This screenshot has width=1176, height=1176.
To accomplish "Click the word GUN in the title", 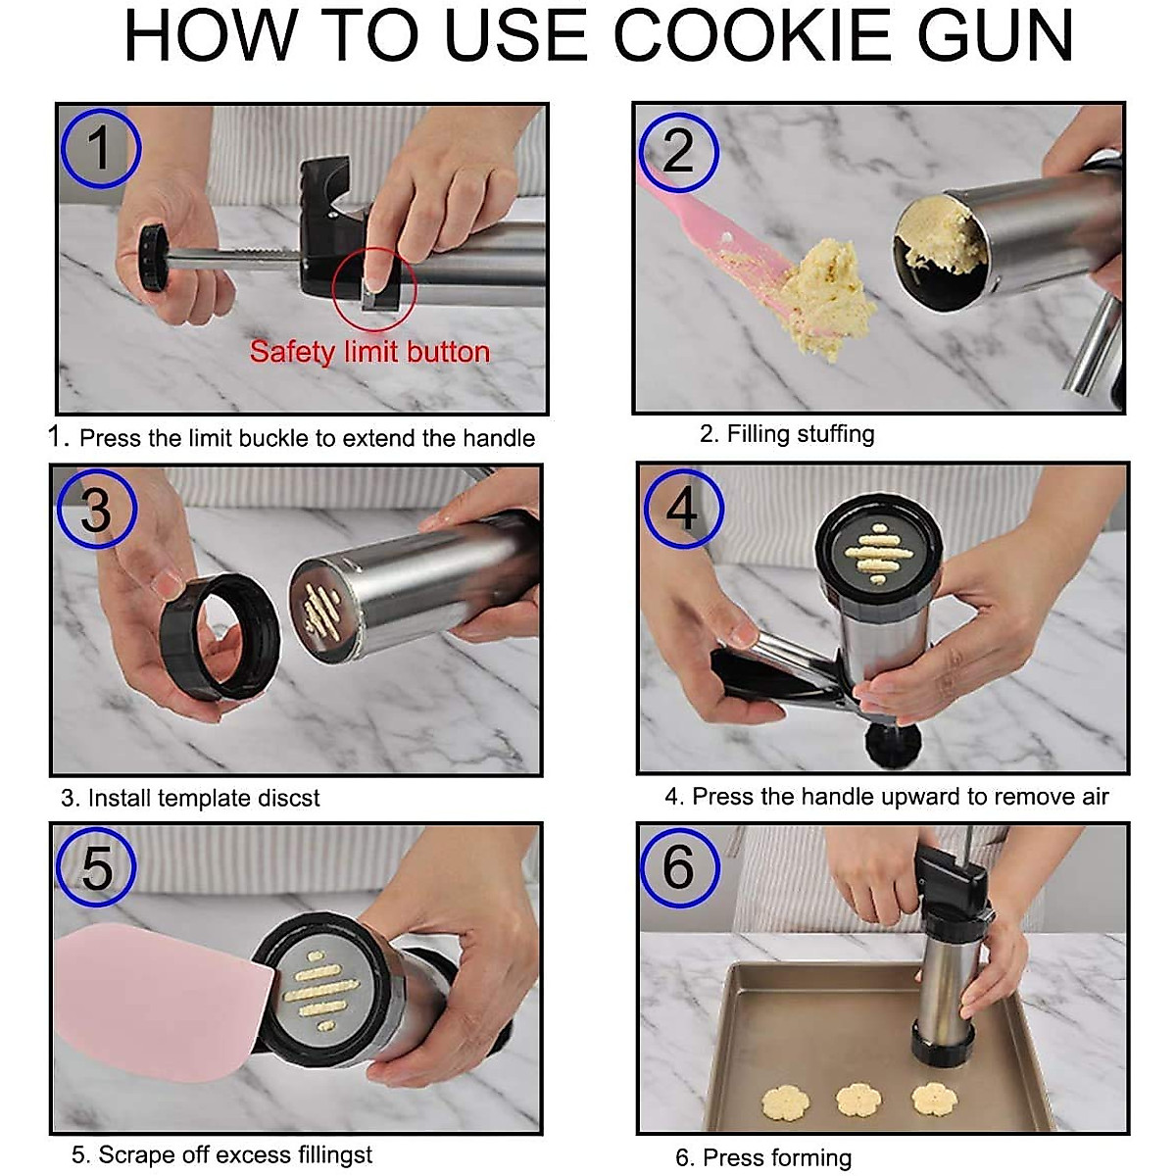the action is tap(995, 35).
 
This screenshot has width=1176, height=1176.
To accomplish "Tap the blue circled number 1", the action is tap(101, 148).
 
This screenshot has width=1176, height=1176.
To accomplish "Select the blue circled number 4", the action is tap(684, 509).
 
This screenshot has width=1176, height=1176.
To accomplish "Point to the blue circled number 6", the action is tap(680, 867).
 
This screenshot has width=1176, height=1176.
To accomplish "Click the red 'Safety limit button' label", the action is tap(369, 352).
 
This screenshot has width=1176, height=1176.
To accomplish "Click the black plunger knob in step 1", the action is tap(153, 258).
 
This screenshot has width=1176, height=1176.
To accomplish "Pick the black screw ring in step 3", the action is tap(220, 637).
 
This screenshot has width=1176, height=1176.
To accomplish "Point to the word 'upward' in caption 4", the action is tap(884, 797).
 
